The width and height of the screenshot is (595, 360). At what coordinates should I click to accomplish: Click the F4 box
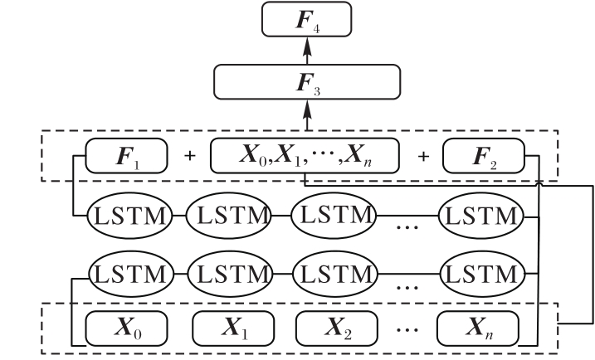(x=307, y=18)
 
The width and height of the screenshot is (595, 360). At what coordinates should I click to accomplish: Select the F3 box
(x=307, y=81)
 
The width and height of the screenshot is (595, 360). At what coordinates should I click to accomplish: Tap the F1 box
(x=127, y=155)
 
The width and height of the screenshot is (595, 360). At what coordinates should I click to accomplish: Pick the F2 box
(x=484, y=155)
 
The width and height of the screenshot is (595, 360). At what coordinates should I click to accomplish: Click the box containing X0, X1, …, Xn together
(x=305, y=155)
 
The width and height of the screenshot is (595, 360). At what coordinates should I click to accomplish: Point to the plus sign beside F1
(x=188, y=156)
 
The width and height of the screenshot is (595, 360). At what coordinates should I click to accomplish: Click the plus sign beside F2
(x=422, y=156)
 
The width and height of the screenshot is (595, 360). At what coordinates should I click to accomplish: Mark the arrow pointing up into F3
(x=307, y=112)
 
